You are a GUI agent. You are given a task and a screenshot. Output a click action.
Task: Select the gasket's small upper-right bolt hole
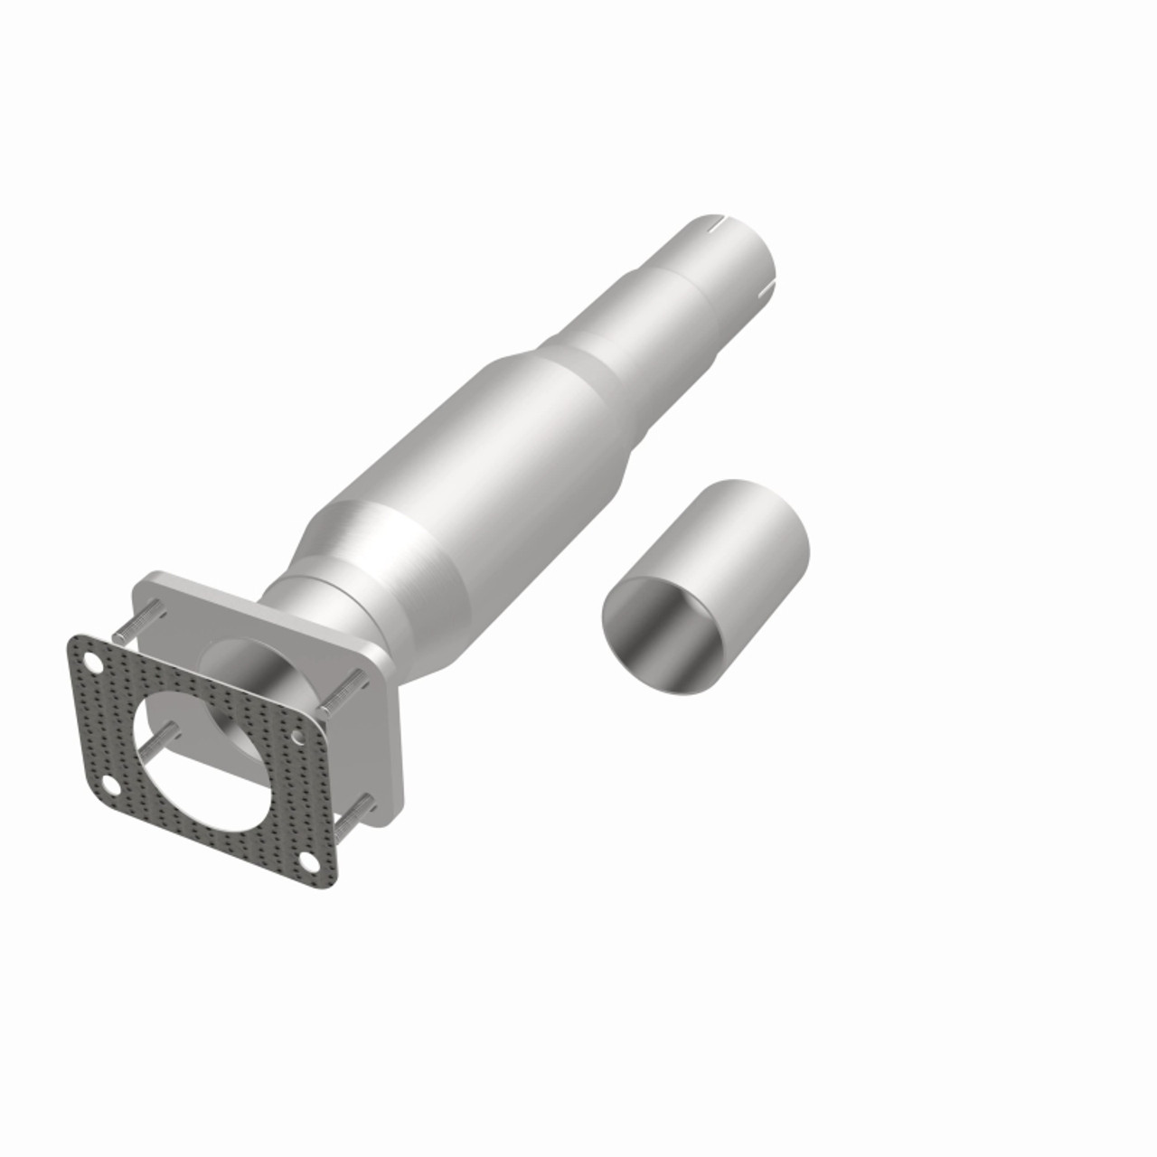tap(298, 738)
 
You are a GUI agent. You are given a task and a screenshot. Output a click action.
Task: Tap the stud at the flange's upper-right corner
tap(344, 688)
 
